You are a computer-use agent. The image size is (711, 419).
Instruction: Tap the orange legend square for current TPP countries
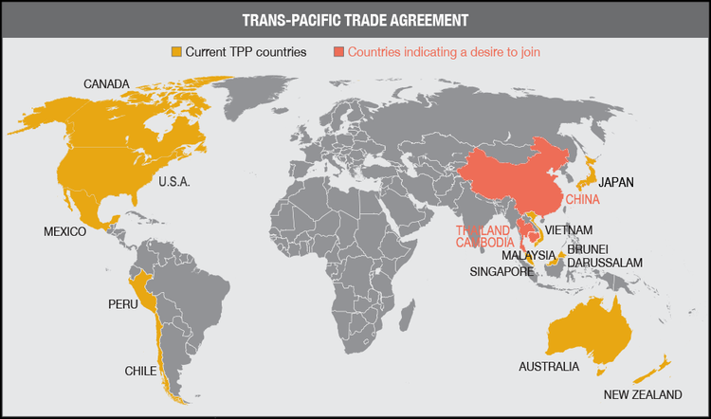coord(176,51)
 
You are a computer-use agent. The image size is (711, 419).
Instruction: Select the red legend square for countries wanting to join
coord(339,51)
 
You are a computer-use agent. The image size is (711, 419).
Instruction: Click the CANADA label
coord(107,84)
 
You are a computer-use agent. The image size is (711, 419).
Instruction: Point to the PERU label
coord(123,305)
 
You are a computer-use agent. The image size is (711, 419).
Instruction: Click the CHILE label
coord(140,371)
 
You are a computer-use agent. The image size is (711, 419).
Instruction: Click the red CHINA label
coord(586,200)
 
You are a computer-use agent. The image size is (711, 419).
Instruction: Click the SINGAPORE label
coord(502,271)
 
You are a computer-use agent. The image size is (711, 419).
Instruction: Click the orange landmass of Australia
coord(588,327)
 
